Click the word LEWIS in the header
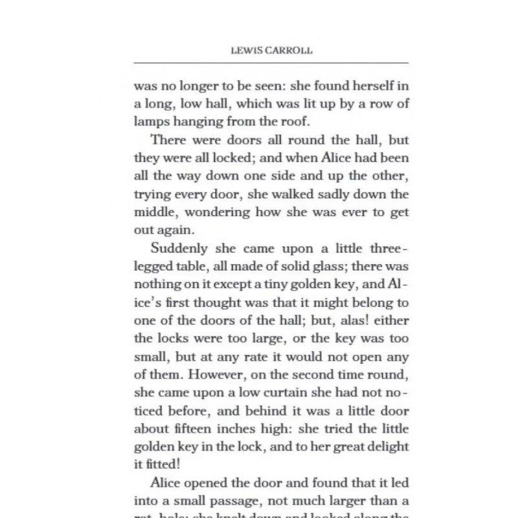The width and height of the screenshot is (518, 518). point(245,51)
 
